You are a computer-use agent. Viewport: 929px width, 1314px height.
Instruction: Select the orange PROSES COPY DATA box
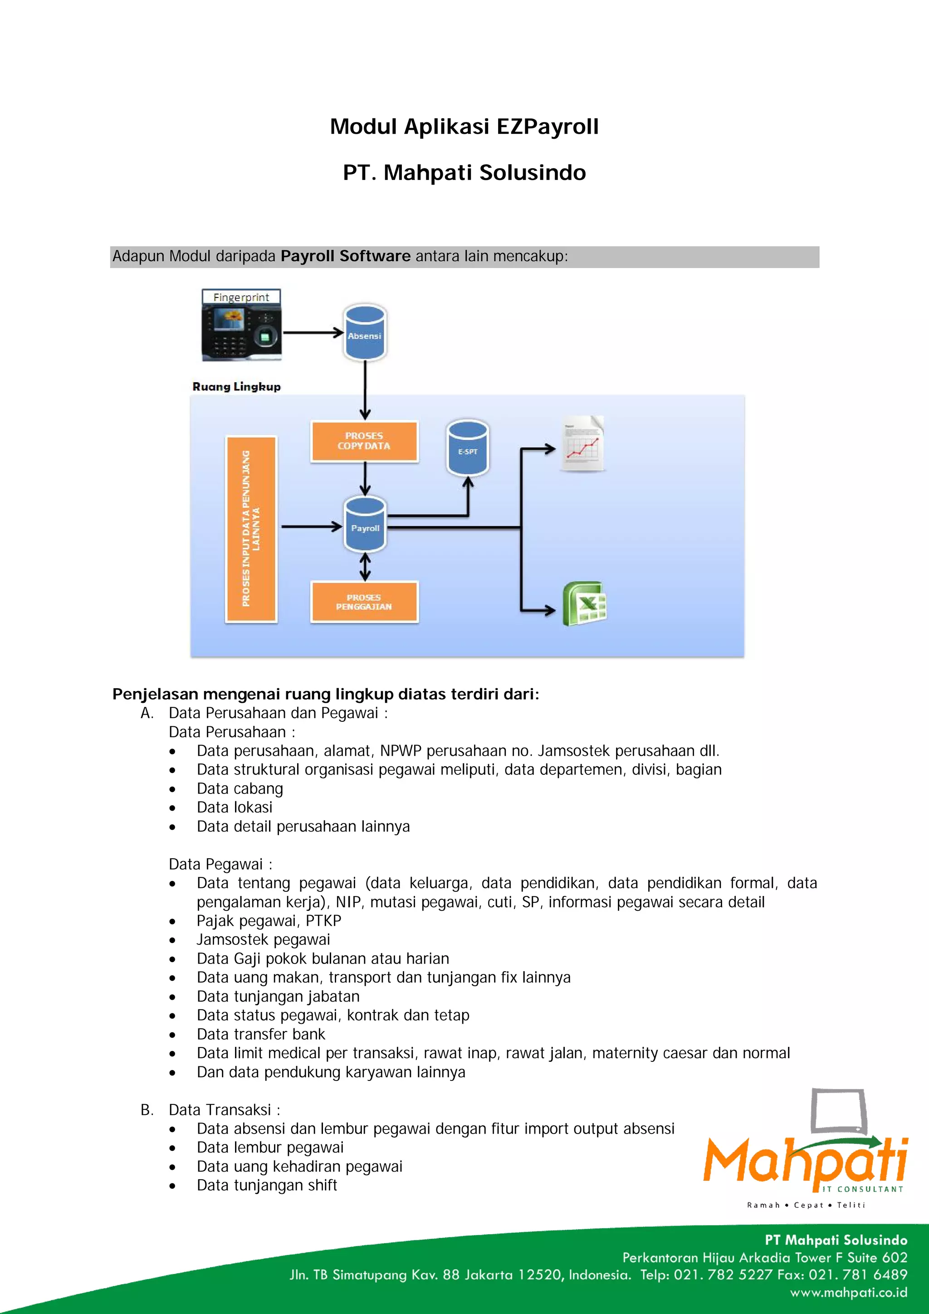(364, 441)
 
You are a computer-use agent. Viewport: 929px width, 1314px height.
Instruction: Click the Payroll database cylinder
(365, 525)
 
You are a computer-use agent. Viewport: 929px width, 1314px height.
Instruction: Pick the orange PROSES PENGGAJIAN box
(364, 602)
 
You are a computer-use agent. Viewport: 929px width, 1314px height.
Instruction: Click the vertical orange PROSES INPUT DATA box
(251, 529)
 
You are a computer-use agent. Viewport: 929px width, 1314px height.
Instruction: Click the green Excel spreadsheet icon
(584, 604)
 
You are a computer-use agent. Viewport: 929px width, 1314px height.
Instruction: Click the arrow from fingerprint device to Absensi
(313, 332)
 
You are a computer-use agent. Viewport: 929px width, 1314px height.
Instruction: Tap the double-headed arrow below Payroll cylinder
(365, 567)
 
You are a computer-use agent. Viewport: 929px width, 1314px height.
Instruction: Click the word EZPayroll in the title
(547, 127)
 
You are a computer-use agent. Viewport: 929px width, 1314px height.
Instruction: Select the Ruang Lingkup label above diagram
(236, 387)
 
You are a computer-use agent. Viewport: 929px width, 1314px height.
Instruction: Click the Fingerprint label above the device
(241, 297)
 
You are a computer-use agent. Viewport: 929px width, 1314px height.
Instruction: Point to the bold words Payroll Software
(345, 256)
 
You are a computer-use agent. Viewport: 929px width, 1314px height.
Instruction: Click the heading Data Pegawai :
(220, 864)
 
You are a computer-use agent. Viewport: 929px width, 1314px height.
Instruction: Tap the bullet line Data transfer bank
(260, 1034)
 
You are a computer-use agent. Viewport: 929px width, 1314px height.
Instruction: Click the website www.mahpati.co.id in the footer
(848, 1292)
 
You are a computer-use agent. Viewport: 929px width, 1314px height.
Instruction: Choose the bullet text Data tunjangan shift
(267, 1185)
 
